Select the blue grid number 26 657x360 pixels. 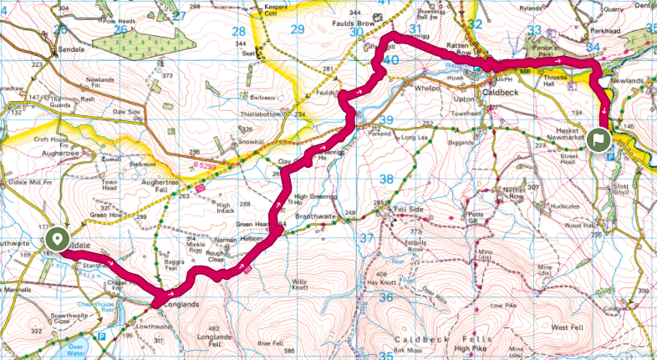point(121,29)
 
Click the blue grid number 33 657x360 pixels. point(535,31)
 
